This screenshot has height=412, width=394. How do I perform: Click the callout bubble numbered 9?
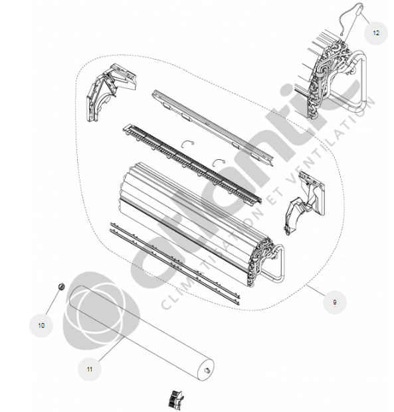334,302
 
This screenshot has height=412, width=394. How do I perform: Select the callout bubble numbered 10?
41,325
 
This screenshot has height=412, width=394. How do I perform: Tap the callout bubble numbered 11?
90,369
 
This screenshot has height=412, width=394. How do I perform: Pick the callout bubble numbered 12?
376,33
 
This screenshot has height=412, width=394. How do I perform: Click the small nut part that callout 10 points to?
61,287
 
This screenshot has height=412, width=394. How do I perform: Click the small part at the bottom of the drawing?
176,399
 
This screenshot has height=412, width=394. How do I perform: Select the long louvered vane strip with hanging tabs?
192,163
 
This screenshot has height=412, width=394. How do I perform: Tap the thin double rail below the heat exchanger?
175,263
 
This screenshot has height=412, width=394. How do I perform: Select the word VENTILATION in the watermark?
330,140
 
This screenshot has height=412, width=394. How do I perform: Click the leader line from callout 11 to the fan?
110,350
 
